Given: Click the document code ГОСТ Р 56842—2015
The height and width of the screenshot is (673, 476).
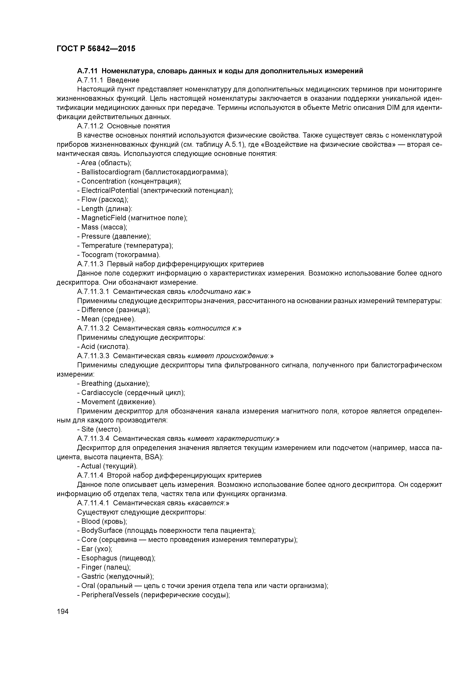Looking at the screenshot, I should [x=96, y=49].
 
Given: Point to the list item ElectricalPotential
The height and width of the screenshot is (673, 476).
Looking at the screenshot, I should [x=110, y=191].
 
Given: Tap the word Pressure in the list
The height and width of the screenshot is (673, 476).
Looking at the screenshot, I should [x=96, y=236].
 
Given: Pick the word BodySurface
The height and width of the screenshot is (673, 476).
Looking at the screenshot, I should [x=102, y=530].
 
